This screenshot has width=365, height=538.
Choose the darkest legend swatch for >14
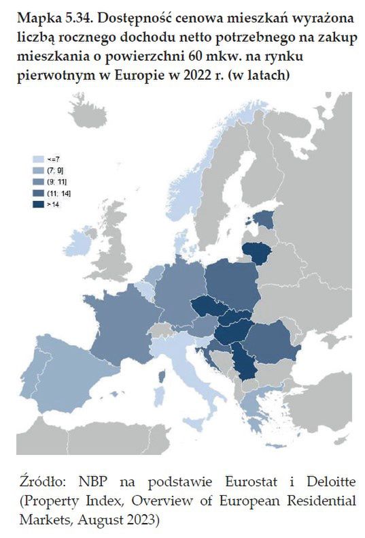click(37, 204)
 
